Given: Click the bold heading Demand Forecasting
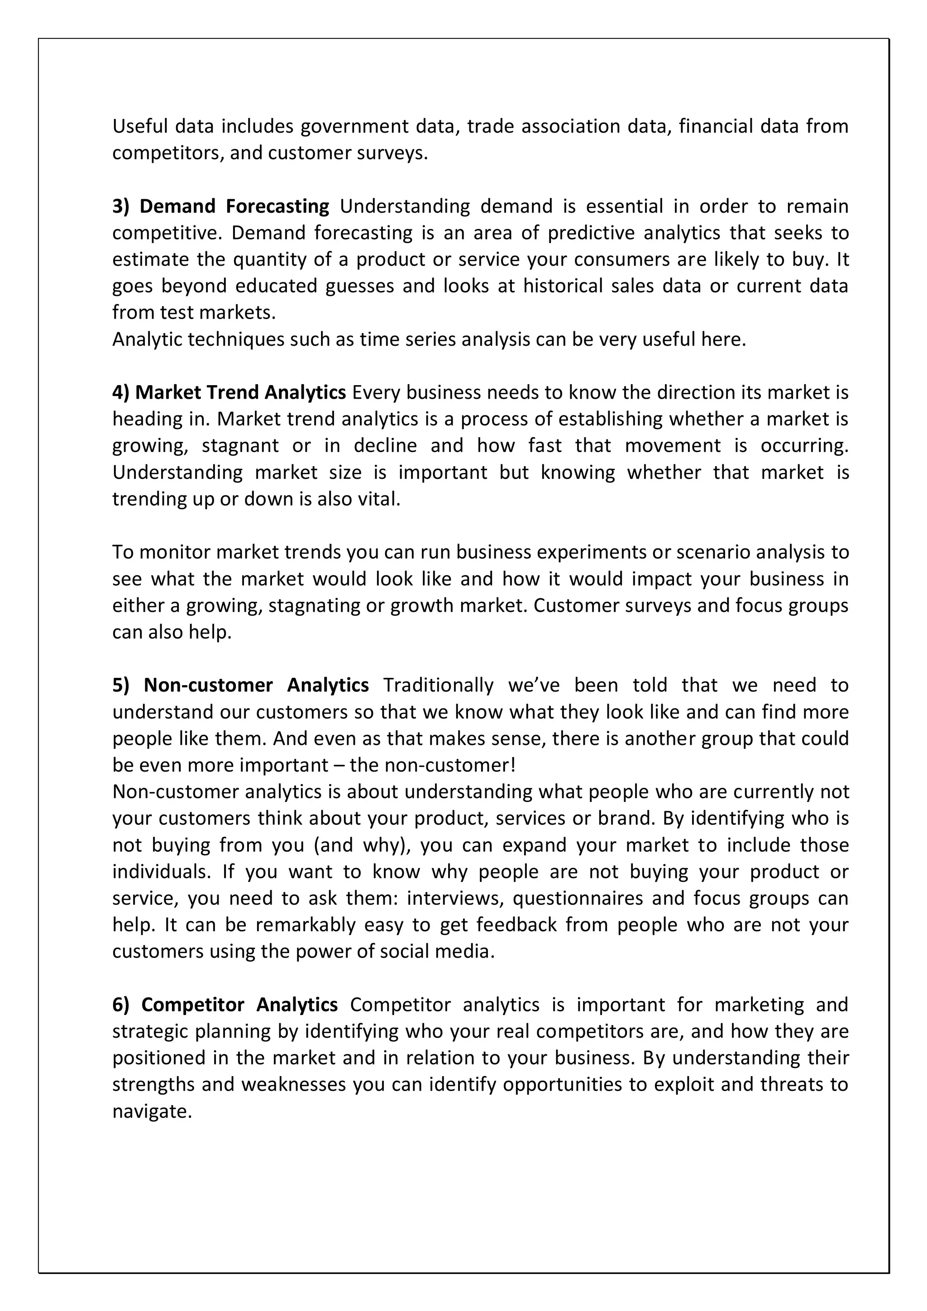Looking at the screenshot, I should [234, 206].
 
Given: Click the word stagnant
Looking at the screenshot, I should [240, 445].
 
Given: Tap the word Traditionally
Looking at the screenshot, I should [438, 685].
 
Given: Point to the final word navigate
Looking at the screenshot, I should [151, 1111].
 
